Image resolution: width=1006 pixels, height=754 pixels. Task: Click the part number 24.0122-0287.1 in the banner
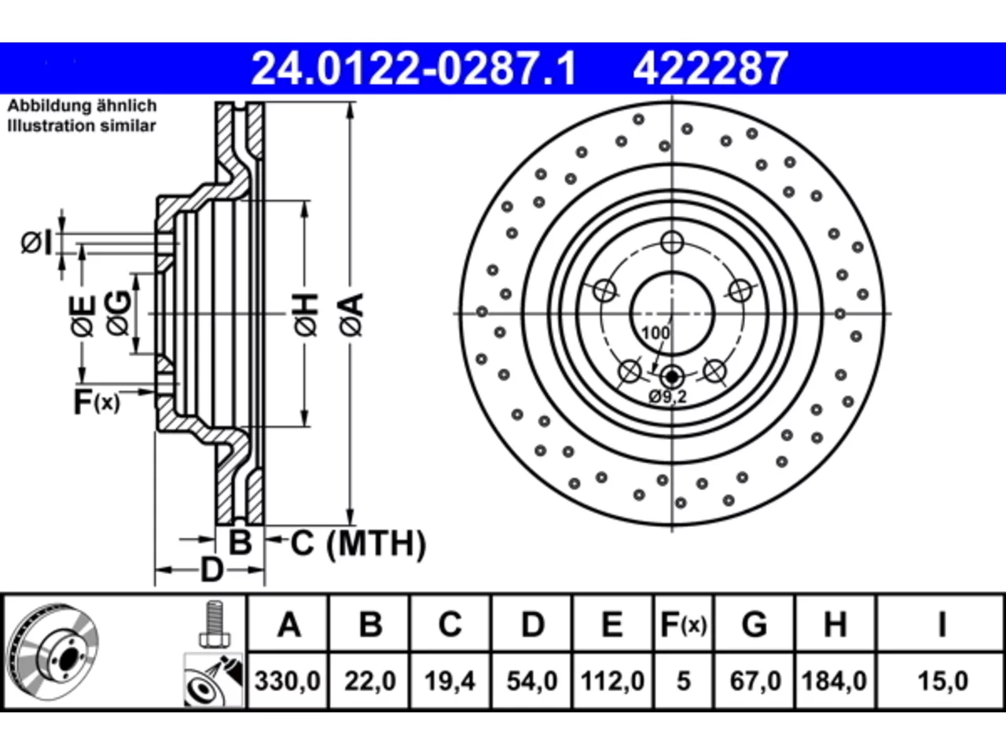tap(414, 68)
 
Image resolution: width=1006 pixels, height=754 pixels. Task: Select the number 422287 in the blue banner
tap(710, 68)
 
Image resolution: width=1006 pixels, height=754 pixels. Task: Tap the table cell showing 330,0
tap(288, 681)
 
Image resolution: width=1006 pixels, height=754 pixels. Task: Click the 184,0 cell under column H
tap(834, 681)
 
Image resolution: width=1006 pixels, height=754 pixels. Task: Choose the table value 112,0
tap(613, 681)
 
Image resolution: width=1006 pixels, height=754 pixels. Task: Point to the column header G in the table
tap(754, 624)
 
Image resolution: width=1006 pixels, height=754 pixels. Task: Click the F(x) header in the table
tap(683, 624)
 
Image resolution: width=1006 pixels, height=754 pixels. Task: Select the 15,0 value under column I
tap(942, 681)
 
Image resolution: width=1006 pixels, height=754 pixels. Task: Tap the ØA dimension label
tap(352, 315)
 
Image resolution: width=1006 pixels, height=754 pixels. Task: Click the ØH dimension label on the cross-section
tap(307, 315)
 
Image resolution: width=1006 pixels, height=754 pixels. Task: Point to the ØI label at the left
tap(37, 242)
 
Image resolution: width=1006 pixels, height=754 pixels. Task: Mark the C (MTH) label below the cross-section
tap(358, 544)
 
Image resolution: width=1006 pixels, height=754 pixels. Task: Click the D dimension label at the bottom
tap(211, 570)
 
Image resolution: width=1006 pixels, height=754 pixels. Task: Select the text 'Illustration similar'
tap(82, 126)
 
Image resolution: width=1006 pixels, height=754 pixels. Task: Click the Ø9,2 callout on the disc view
tap(668, 397)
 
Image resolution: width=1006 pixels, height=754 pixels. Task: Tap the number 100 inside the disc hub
tap(655, 333)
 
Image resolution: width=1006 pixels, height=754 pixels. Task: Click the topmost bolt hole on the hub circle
tap(672, 242)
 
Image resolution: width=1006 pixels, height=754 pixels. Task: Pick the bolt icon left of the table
tap(215, 624)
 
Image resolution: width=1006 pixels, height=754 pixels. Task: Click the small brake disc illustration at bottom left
tap(53, 651)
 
